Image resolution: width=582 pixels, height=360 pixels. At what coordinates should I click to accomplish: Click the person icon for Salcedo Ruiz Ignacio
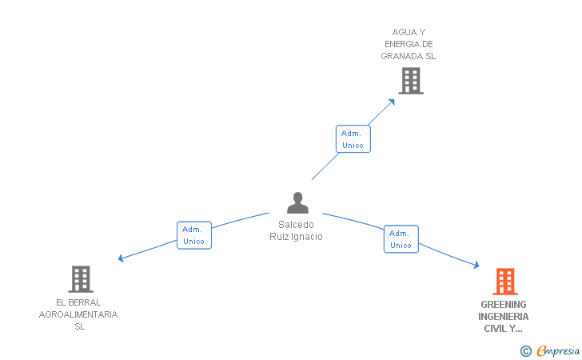click(297, 203)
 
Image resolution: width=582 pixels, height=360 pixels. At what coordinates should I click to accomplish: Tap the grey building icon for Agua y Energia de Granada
click(410, 81)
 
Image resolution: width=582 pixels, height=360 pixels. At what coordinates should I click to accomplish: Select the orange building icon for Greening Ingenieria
click(504, 282)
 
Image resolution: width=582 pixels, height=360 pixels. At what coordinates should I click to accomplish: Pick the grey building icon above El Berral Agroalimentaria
click(81, 279)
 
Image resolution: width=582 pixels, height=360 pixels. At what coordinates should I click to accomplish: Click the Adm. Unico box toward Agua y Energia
click(353, 139)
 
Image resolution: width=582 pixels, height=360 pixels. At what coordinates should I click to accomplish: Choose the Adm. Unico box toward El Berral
click(193, 235)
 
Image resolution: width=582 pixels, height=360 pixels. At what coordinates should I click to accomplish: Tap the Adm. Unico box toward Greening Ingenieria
click(401, 239)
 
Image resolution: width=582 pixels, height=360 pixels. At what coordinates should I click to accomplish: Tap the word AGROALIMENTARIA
click(78, 314)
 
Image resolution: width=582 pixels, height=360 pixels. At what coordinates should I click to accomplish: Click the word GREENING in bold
click(504, 304)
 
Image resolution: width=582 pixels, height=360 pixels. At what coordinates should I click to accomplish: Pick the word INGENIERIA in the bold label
click(504, 316)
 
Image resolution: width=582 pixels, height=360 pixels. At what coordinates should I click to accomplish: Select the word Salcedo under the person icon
click(296, 225)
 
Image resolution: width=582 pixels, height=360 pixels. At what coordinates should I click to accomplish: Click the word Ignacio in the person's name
click(309, 237)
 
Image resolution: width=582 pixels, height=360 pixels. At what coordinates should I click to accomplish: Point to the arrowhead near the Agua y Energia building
click(392, 101)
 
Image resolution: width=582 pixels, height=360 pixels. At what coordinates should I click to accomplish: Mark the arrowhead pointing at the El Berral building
click(122, 258)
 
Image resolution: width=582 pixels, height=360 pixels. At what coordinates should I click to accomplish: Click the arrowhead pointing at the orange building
click(476, 266)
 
